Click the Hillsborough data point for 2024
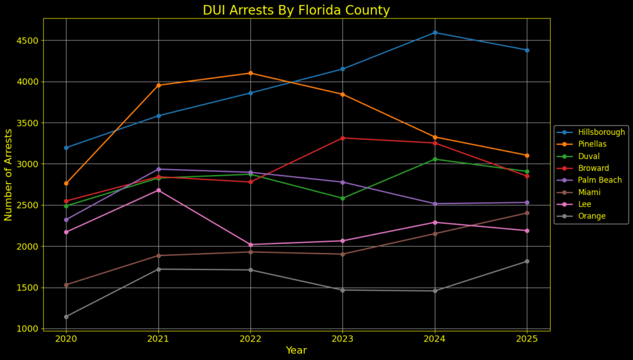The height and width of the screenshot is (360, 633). click(435, 32)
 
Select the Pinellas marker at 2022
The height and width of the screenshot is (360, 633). click(250, 73)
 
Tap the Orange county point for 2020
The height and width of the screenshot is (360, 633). click(66, 317)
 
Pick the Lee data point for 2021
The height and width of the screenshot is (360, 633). click(158, 190)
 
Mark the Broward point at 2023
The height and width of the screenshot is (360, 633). click(342, 138)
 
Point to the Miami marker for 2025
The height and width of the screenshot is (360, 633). click(527, 213)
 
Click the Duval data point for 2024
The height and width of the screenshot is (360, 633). click(435, 159)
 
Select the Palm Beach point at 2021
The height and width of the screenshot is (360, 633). click(158, 169)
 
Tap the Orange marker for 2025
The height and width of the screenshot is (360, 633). click(527, 261)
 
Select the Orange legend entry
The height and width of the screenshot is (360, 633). click(592, 216)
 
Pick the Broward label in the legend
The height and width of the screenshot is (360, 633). click(593, 168)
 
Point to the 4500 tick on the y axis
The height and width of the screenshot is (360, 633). click(28, 41)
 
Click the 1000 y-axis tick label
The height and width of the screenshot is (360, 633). click(28, 328)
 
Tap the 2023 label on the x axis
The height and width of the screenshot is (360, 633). click(342, 339)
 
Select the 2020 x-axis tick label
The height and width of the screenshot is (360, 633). click(66, 339)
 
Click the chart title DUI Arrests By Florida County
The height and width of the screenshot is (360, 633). click(296, 11)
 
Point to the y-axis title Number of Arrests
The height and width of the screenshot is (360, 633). click(9, 174)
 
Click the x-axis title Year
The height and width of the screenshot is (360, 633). click(296, 351)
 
